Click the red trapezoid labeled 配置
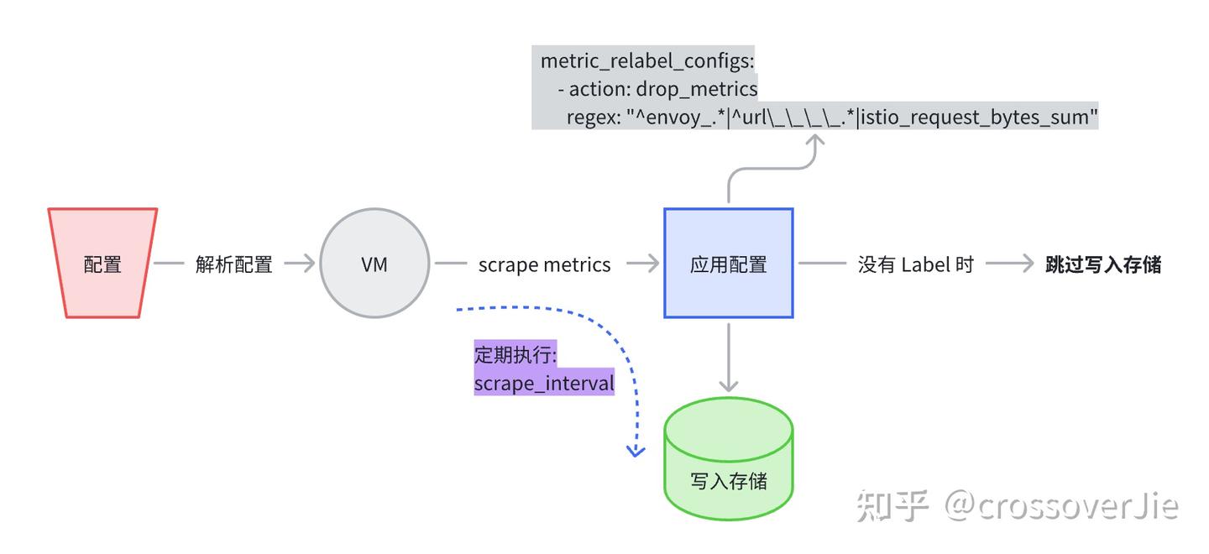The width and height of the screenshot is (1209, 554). click(102, 264)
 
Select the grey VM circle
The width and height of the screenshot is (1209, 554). click(374, 264)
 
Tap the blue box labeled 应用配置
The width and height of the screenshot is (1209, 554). click(728, 264)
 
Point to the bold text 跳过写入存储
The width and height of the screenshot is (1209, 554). click(1103, 264)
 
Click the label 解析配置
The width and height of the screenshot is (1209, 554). click(234, 264)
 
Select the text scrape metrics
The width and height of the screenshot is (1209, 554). click(544, 264)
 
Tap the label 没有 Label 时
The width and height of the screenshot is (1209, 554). click(915, 264)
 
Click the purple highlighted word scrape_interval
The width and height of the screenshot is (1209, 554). click(544, 384)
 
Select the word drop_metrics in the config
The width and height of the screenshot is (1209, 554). click(697, 89)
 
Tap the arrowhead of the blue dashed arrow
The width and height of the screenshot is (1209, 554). click(636, 452)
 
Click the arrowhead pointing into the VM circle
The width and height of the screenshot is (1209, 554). click(309, 264)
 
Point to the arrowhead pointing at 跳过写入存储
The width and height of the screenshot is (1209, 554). click(1026, 264)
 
